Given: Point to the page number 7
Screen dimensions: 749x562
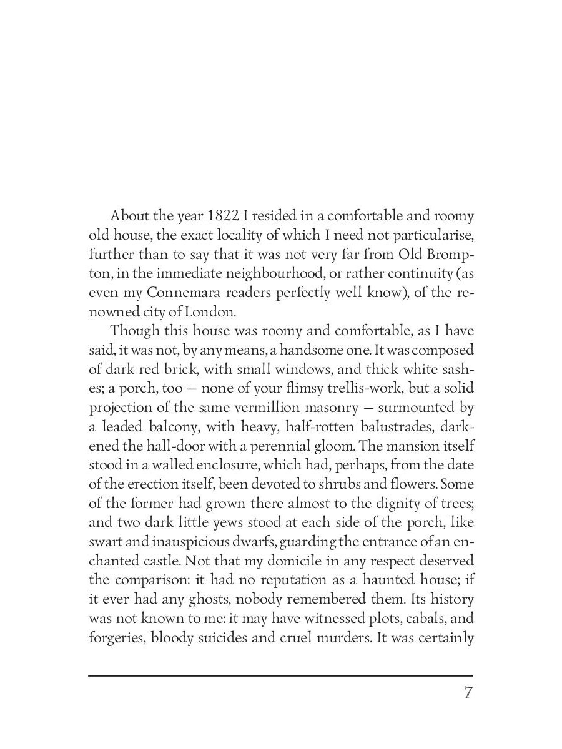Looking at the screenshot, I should [x=468, y=693].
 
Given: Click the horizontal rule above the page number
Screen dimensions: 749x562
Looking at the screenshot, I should [x=280, y=675].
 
